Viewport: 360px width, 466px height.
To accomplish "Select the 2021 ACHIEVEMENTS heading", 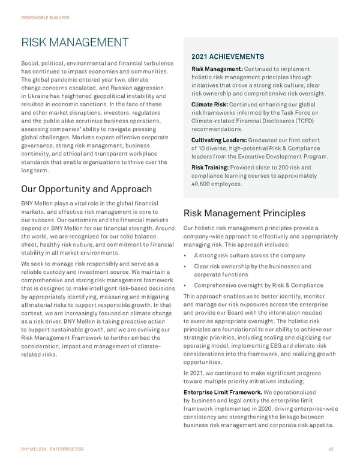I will click(229, 56).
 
